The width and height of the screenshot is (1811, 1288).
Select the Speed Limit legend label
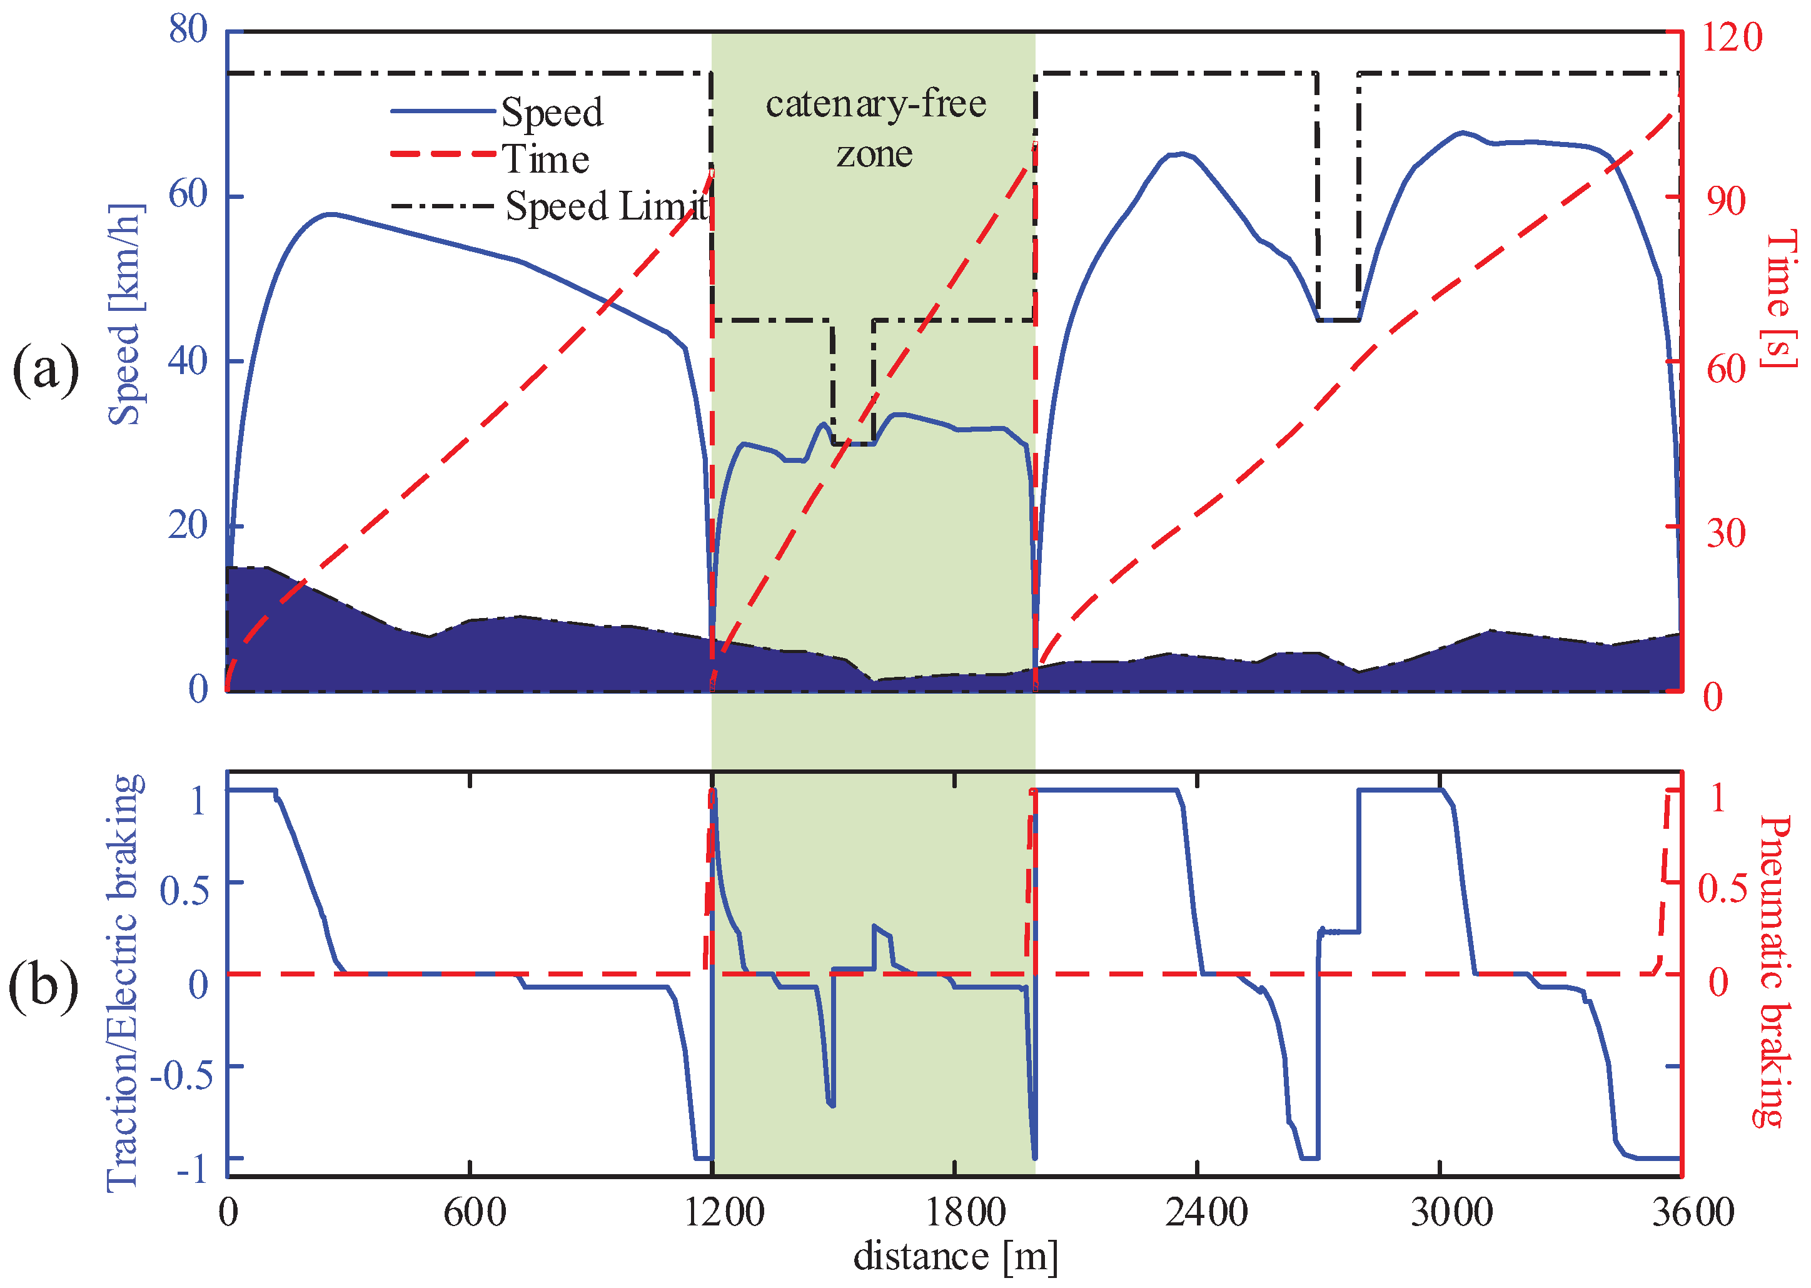[607, 206]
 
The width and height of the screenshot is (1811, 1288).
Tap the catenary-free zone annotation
[875, 128]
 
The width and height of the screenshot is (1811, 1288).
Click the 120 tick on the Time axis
[1730, 38]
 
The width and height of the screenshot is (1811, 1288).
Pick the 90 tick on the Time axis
[1726, 201]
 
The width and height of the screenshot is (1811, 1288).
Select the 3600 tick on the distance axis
[1692, 1213]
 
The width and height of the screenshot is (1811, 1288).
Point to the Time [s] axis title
[1779, 299]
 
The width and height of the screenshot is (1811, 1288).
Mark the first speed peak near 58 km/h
[331, 214]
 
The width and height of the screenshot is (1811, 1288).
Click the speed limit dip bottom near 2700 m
[1338, 320]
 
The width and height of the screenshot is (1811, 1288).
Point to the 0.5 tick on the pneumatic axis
[1722, 889]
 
